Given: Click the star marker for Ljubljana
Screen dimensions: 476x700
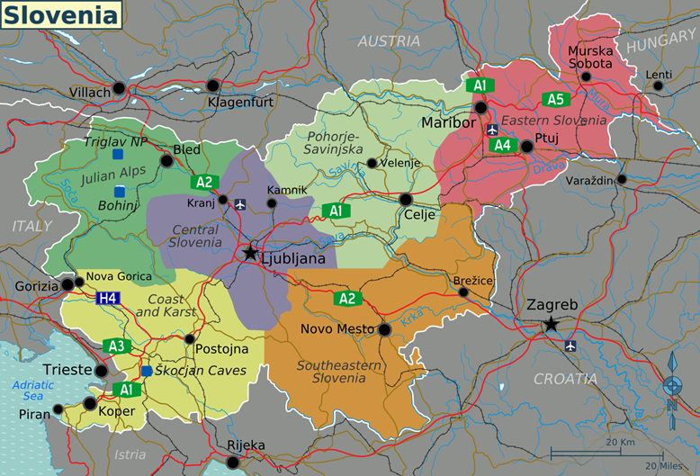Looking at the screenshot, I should pos(250,255).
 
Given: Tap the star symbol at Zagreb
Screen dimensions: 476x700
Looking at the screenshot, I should pos(550,325).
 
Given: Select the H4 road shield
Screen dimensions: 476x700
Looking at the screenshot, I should pos(108,298).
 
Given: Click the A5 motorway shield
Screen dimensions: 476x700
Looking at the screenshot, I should pos(553,99).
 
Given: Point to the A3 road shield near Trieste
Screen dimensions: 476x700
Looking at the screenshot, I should pos(116,346).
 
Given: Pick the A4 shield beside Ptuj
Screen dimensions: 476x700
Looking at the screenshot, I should pos(503,145).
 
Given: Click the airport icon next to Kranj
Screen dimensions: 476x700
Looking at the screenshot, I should pos(239,204).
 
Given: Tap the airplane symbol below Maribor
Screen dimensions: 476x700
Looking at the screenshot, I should pos(492,130).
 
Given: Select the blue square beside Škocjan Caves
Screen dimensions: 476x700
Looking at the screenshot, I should pos(146,371).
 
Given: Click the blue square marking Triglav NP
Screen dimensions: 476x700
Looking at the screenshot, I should pos(118,155).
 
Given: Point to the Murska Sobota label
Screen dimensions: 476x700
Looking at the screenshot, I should pos(590,57).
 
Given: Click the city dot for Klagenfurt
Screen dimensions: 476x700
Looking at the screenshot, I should pos(212,85).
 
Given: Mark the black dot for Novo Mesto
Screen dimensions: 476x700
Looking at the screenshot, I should pos(385,330).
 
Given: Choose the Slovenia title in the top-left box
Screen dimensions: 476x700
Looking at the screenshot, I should pos(60,15).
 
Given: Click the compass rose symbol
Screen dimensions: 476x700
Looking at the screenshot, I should pos(671,386).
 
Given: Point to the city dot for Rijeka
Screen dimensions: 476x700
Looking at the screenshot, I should pos(234,463).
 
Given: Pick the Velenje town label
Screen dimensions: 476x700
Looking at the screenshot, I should pos(401,163).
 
